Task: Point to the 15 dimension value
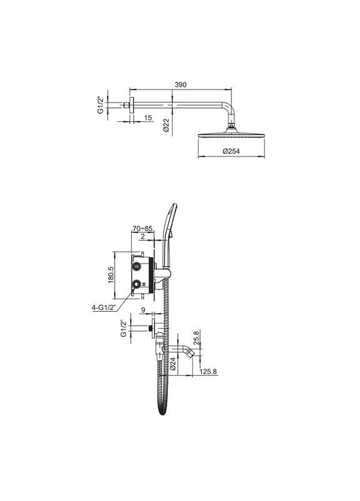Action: point(147,117)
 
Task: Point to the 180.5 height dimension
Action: point(110,274)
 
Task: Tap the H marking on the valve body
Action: point(145,284)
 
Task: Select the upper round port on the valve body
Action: point(135,267)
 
